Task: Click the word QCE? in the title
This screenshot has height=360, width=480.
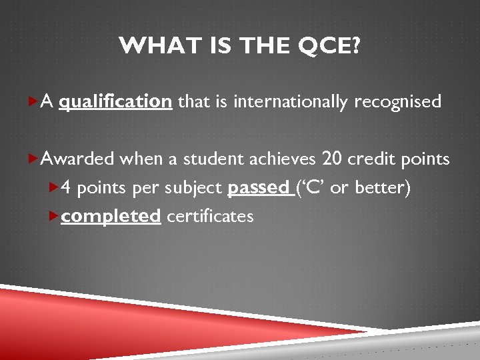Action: (x=331, y=47)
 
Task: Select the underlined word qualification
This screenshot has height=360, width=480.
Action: (x=115, y=102)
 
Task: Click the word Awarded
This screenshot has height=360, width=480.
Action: (x=77, y=159)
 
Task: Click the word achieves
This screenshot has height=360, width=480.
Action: (x=283, y=159)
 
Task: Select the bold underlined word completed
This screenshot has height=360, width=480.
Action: (x=111, y=217)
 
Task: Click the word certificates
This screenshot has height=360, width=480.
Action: (x=210, y=217)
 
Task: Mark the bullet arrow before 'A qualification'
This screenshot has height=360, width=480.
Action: (x=34, y=102)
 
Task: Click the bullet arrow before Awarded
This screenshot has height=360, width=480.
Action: (x=34, y=159)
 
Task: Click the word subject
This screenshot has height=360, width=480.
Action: (x=193, y=189)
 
